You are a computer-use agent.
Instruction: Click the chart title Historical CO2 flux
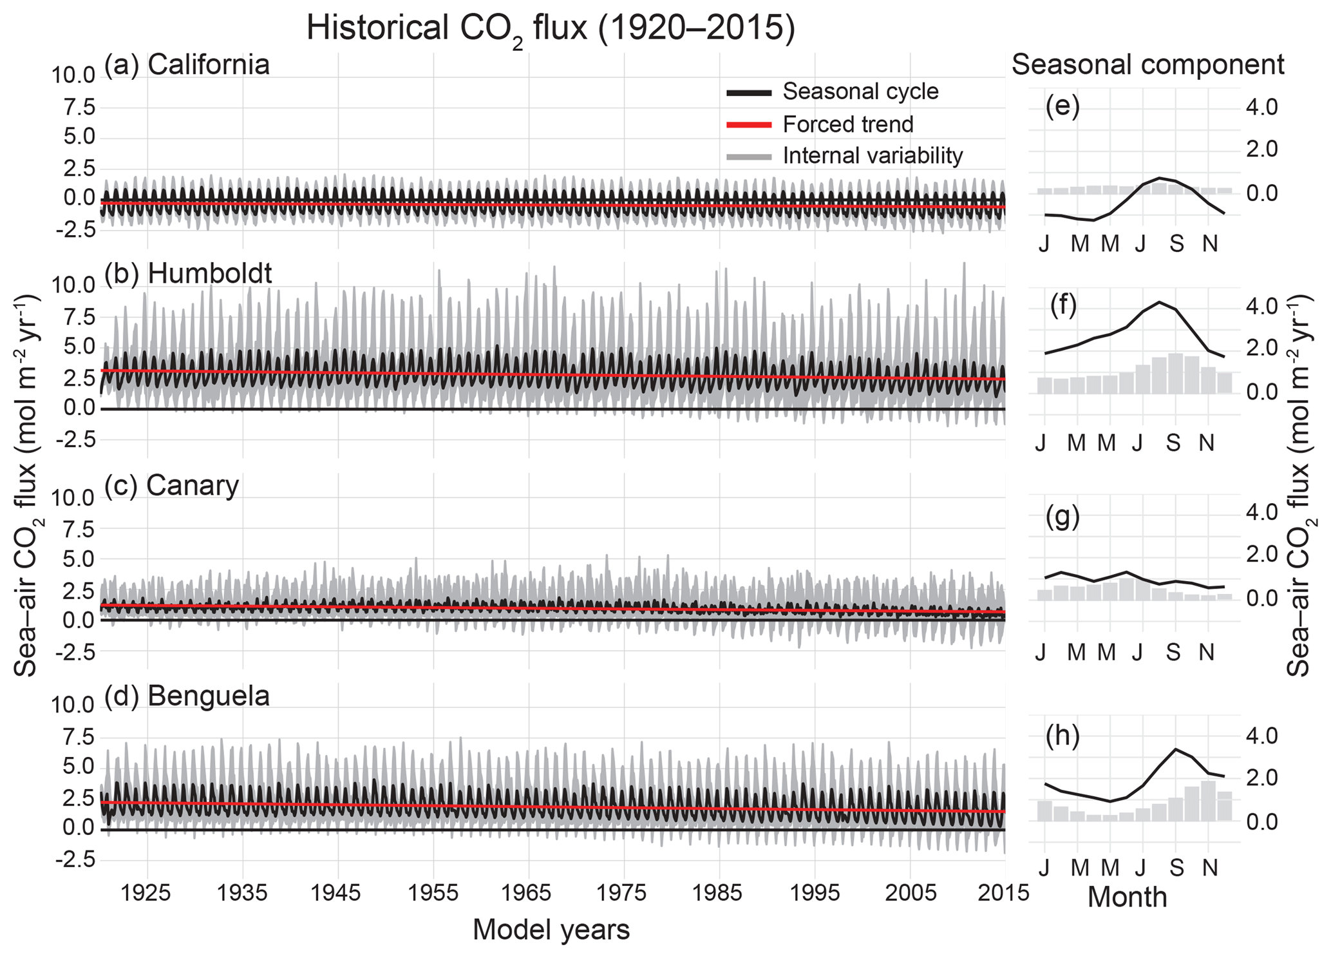click(551, 29)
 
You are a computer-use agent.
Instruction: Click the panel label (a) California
click(187, 65)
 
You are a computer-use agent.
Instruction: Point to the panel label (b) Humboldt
click(188, 274)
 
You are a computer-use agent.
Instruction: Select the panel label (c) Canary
click(171, 485)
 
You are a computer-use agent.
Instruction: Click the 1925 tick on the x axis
click(147, 893)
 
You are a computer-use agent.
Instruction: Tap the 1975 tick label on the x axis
click(624, 893)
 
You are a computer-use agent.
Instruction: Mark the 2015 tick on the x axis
click(1004, 893)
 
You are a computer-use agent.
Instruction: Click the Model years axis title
click(551, 930)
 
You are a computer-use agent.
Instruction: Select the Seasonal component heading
click(1147, 65)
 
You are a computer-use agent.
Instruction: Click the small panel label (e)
click(1062, 106)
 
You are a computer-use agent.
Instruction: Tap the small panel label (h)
click(1062, 736)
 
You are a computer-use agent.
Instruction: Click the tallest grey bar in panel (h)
click(1208, 801)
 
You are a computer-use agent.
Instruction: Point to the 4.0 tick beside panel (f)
click(1261, 305)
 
